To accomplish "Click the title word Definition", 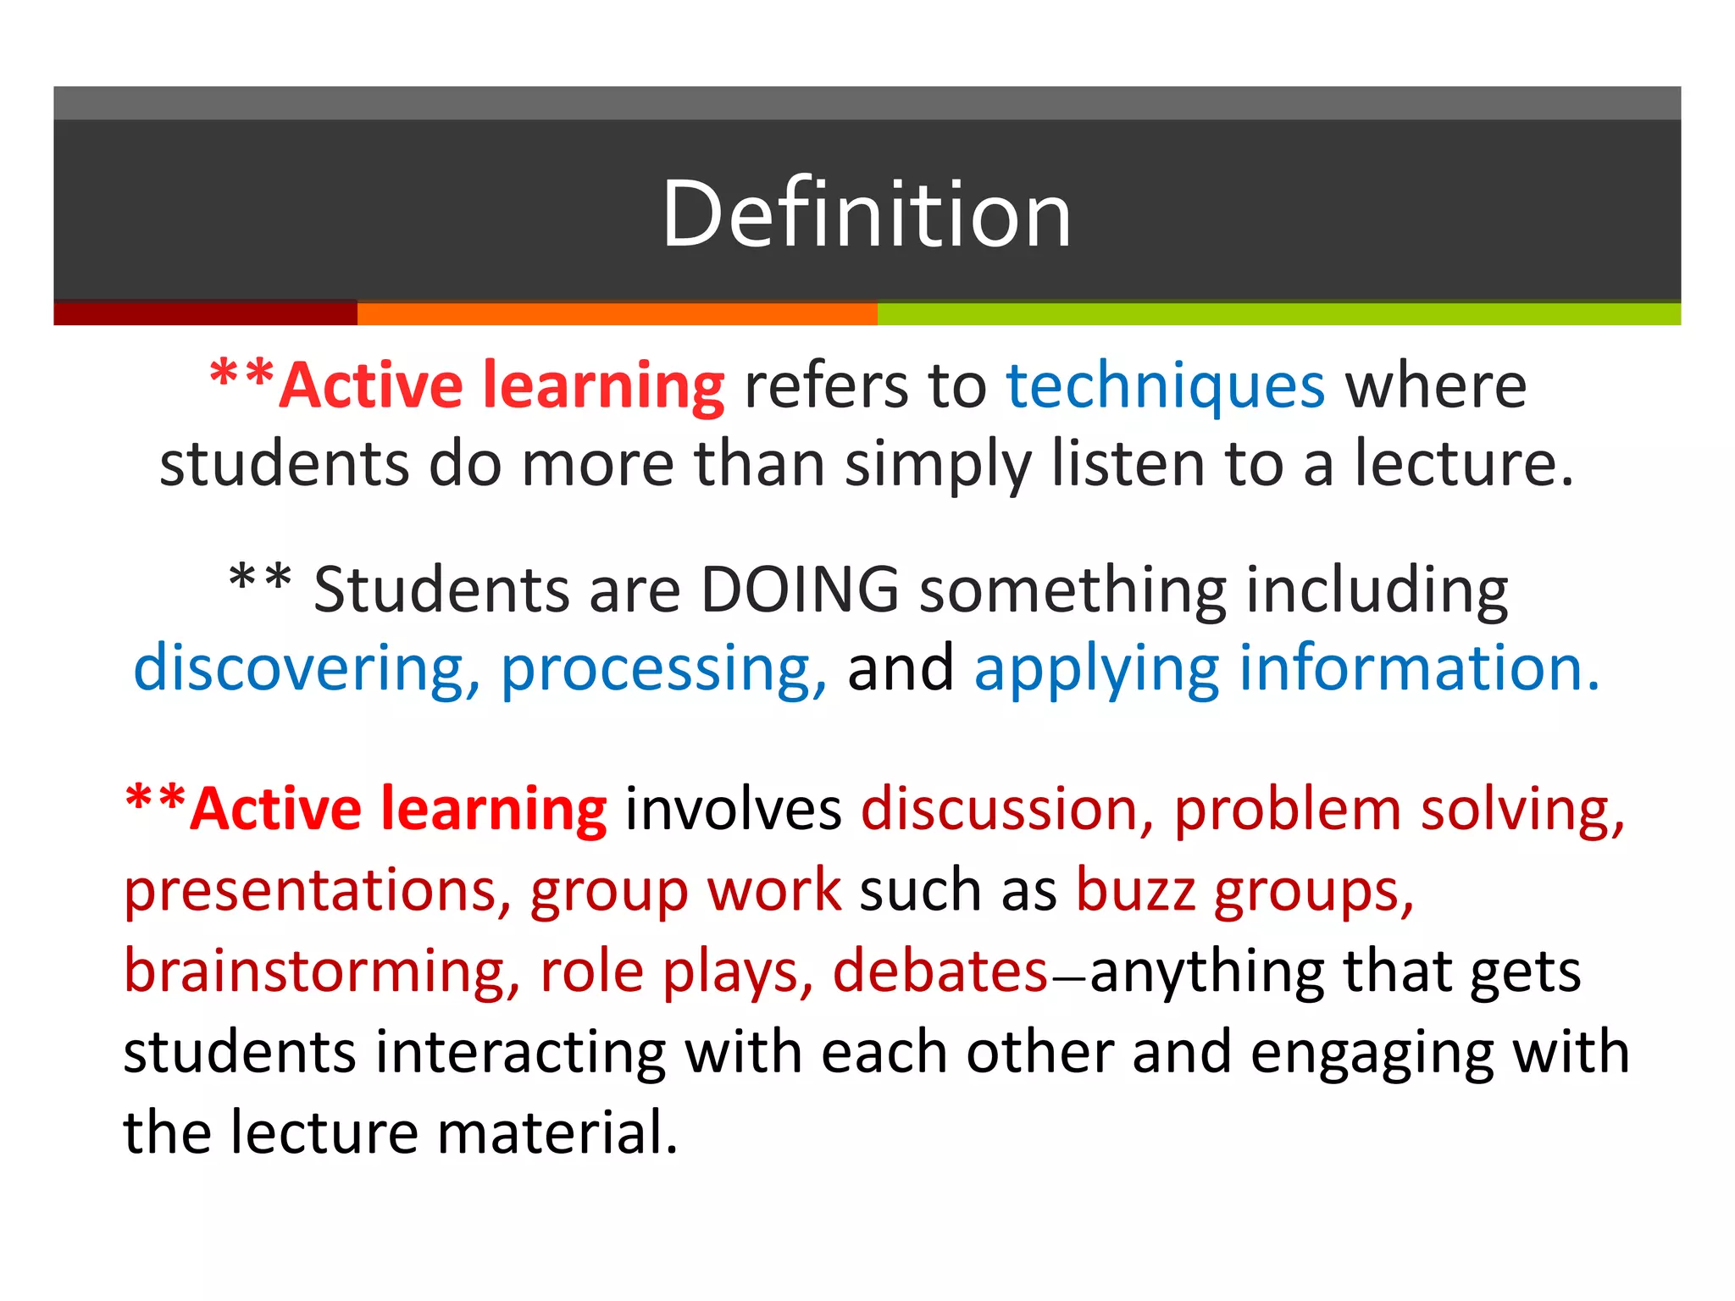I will (x=867, y=213).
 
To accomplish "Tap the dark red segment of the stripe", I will (x=205, y=313).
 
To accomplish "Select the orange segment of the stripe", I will (x=617, y=313).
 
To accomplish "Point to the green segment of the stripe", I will (x=1278, y=313).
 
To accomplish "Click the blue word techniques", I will (x=1165, y=386).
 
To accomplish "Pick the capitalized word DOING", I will (x=800, y=590).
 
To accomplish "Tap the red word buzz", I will (x=1135, y=891).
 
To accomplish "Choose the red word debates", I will (x=940, y=971).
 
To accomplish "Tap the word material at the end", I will (x=558, y=1132).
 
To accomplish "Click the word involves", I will (x=733, y=810).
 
